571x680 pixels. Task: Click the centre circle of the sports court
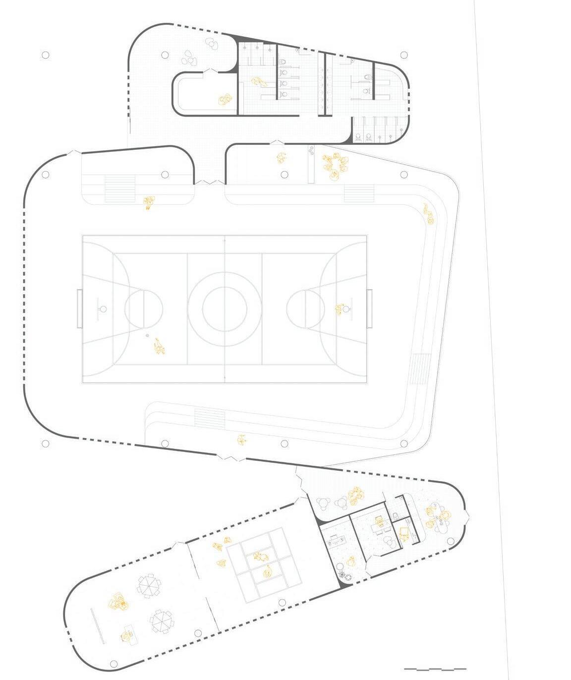pos(225,309)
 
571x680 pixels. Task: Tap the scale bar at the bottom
pos(435,669)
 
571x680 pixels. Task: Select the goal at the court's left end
pos(79,309)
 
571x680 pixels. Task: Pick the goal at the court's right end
pos(369,309)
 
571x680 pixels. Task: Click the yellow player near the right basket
pos(340,309)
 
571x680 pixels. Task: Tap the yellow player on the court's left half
pos(159,347)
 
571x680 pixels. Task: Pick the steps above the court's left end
pos(119,188)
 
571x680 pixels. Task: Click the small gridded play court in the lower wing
pos(264,565)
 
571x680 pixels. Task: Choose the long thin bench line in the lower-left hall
pos(97,626)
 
